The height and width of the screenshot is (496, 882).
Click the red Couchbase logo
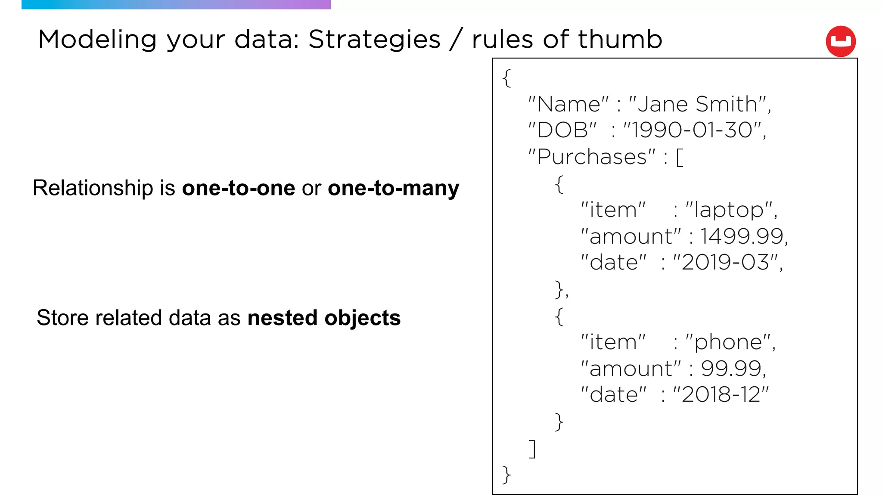[840, 41]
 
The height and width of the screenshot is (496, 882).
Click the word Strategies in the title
[374, 40]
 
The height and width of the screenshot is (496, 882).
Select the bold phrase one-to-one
[239, 188]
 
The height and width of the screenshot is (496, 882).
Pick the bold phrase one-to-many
[393, 188]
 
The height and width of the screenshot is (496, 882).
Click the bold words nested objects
[324, 318]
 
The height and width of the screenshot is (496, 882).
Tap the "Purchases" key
[592, 157]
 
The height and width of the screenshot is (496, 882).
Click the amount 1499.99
[741, 236]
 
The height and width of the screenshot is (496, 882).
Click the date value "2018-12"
[721, 395]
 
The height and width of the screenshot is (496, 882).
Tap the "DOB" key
[562, 130]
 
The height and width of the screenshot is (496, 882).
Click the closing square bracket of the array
[533, 449]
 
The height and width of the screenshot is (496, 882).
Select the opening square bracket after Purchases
[680, 157]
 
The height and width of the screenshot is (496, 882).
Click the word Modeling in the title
[97, 40]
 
